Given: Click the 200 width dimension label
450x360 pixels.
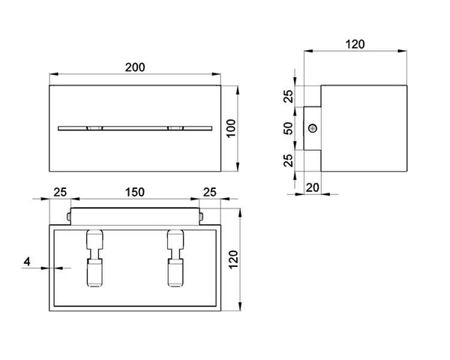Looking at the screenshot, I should [134, 67].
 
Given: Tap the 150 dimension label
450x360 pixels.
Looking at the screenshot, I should [135, 193].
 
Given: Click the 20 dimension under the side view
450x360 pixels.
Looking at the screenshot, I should [311, 187].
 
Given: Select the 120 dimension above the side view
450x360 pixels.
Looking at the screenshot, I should [355, 44].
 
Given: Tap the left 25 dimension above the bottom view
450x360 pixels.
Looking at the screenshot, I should [61, 193].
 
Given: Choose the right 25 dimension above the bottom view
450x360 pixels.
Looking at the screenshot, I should [210, 193].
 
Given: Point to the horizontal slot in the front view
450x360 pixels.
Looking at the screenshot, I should [135, 127].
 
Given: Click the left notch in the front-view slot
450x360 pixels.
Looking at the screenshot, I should [94, 128].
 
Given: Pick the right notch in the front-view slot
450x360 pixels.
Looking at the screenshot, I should [175, 128].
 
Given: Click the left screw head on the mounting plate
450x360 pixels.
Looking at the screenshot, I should [68, 217].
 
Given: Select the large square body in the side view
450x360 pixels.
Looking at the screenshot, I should [364, 128].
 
